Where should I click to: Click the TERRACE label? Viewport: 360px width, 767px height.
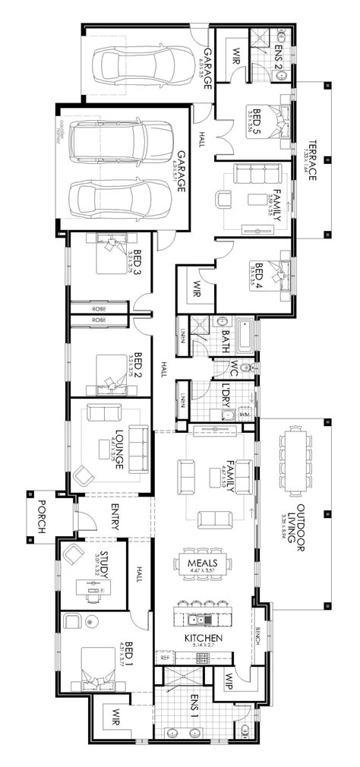tap(312, 159)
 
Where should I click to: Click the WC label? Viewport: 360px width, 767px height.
tap(235, 368)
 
